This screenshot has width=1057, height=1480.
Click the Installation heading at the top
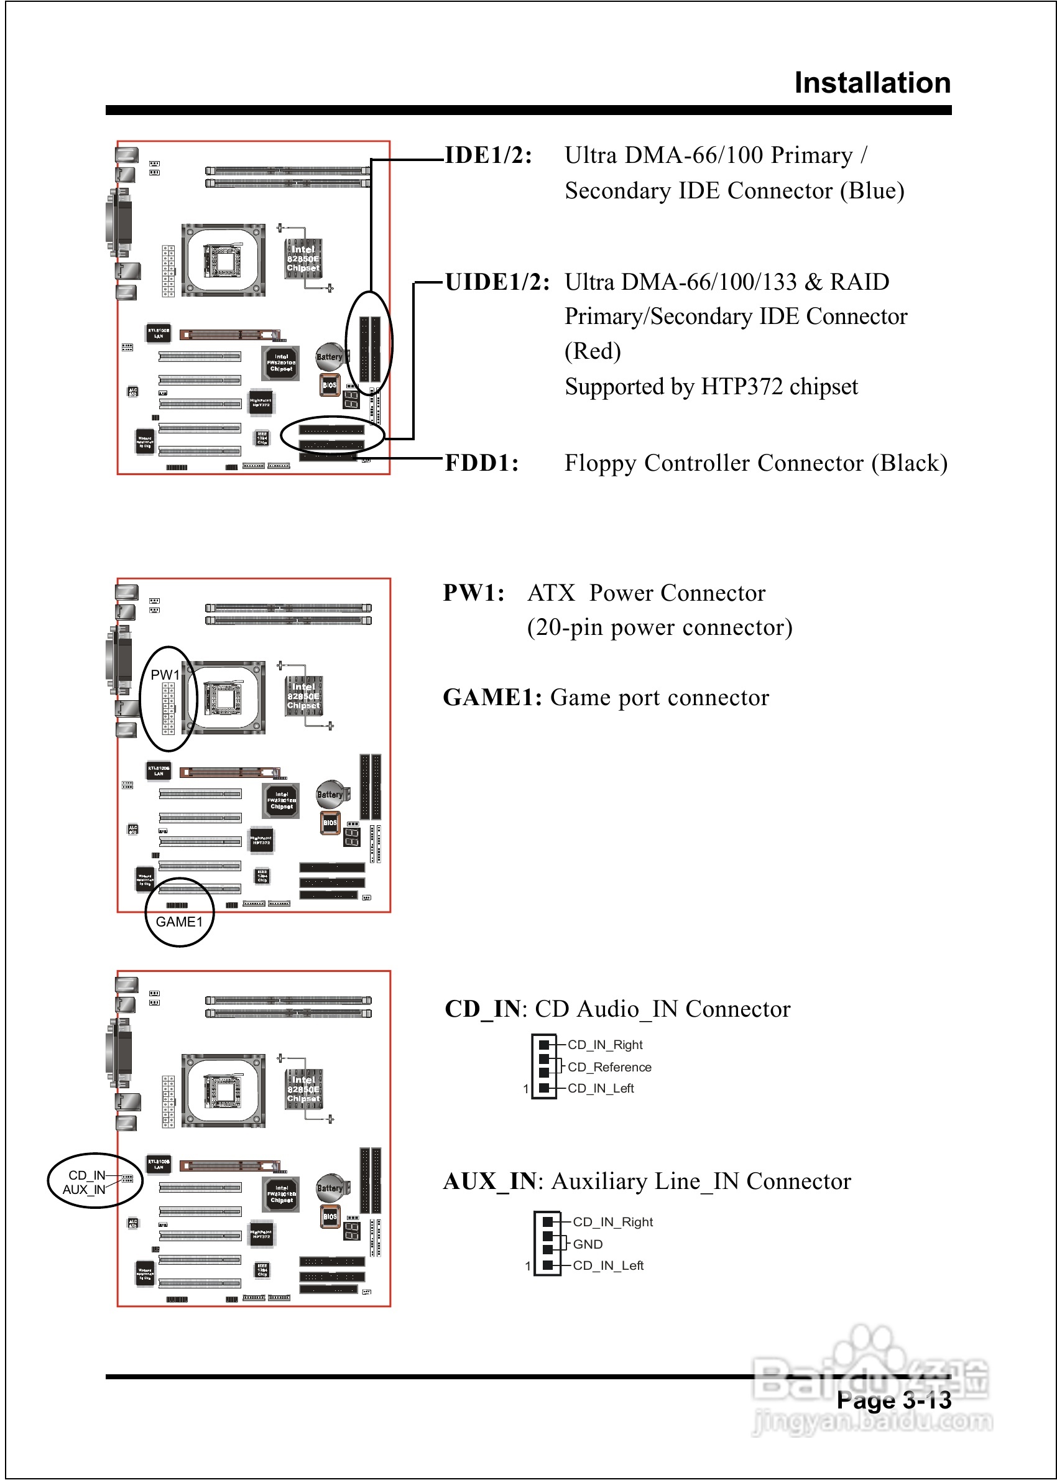tap(872, 83)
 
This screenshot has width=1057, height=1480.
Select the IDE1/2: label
tap(488, 155)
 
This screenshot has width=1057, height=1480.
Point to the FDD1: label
tap(482, 463)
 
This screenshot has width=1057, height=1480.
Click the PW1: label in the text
tap(474, 593)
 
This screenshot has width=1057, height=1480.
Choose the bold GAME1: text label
tap(492, 697)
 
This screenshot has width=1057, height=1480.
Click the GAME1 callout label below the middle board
tap(179, 922)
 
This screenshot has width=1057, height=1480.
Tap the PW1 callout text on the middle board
tap(164, 675)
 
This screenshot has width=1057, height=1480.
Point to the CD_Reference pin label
tap(609, 1066)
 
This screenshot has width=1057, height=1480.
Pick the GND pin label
tap(588, 1244)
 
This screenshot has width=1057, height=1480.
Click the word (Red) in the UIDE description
tap(593, 351)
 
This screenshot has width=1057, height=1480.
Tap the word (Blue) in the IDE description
tap(872, 191)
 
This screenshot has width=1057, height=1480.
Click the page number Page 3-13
tap(893, 1400)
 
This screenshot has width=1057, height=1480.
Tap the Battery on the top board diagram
tap(329, 357)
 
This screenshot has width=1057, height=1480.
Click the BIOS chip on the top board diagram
tap(330, 385)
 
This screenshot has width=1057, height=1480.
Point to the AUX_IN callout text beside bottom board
tap(84, 1189)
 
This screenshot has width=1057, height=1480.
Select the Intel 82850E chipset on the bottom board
tap(303, 1089)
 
